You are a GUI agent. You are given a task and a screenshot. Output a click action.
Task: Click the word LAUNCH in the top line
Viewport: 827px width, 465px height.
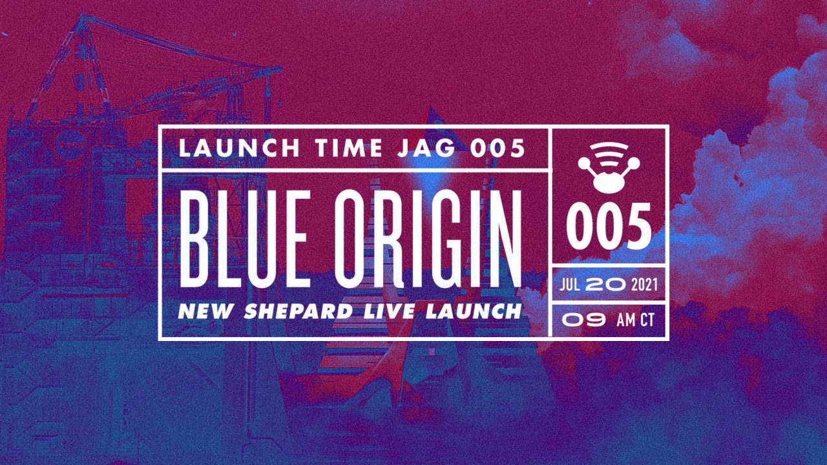point(239,148)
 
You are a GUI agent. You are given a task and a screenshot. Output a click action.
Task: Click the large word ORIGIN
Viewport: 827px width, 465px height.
point(428,239)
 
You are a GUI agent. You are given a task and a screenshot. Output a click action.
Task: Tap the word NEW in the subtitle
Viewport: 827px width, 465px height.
point(205,311)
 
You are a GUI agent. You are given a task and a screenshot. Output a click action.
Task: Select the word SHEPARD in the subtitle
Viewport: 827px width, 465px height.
point(298,311)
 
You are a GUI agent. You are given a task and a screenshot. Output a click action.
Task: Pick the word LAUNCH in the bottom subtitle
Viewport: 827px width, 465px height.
point(474,311)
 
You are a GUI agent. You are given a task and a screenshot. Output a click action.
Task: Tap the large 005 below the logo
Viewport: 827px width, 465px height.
point(609,227)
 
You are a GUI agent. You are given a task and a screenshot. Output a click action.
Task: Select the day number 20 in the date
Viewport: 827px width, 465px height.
point(606,285)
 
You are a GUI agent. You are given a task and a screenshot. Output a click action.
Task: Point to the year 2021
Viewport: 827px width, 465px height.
point(645,285)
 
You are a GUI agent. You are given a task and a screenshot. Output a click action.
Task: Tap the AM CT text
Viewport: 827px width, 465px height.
point(635,320)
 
